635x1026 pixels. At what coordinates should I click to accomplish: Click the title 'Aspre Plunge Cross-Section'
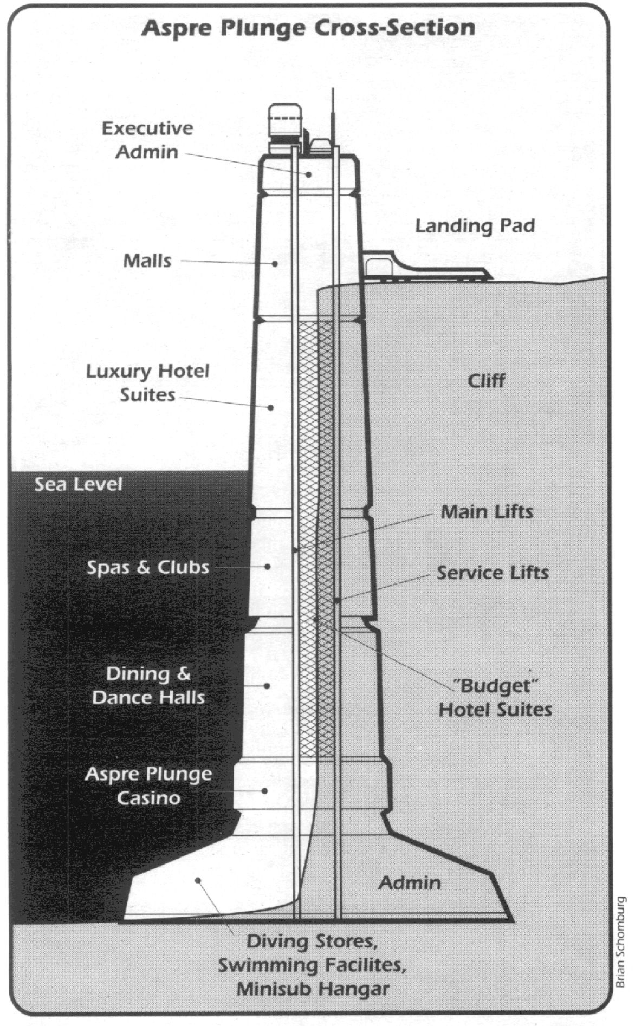[x=308, y=27]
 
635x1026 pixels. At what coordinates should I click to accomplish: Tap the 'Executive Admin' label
[x=147, y=140]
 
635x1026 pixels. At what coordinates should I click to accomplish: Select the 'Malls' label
[x=147, y=261]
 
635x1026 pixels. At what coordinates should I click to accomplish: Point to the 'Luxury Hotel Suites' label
[x=147, y=382]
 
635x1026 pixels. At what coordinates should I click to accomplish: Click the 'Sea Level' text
[x=79, y=484]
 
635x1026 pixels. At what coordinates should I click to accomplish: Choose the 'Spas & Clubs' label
[x=148, y=567]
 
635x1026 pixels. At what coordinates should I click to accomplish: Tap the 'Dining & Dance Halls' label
[x=148, y=685]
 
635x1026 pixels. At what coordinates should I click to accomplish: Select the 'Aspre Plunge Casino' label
[x=148, y=785]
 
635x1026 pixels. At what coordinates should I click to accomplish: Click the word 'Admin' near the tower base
[x=410, y=883]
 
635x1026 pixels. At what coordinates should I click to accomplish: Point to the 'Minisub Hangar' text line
[x=313, y=989]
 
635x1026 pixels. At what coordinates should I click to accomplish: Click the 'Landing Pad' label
[x=475, y=225]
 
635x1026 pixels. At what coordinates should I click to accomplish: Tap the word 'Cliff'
[x=487, y=380]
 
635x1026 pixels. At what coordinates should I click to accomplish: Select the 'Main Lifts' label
[x=487, y=512]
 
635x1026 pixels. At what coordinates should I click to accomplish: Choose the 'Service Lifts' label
[x=493, y=573]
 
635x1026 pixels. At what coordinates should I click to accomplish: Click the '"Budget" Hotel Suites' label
[x=495, y=698]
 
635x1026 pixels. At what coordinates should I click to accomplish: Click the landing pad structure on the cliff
[x=427, y=266]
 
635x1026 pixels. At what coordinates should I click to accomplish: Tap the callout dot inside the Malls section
[x=275, y=263]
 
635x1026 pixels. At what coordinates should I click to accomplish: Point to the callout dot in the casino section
[x=265, y=791]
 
